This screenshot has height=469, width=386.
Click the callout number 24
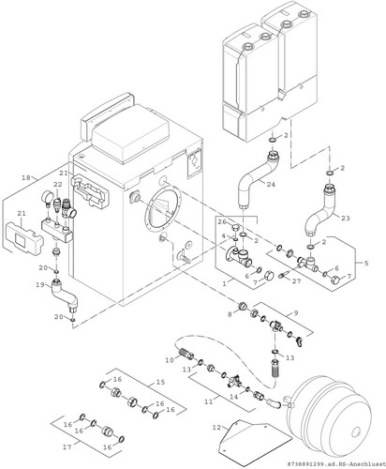coord(271,185)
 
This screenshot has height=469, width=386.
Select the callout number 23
coord(346,218)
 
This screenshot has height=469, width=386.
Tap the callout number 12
coord(216,428)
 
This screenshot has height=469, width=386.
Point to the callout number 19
coord(40,285)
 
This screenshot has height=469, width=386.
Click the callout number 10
coord(170,360)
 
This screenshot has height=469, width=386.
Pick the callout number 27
coord(296,281)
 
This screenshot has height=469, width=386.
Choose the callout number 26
coord(222,222)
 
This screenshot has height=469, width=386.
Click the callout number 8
coord(230,314)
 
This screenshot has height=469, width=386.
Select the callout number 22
coord(58,185)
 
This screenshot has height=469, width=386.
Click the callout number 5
coord(366,263)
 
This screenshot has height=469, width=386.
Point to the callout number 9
coord(296,312)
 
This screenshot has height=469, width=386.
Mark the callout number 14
coord(234,397)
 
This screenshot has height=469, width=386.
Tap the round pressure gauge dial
coord(47,196)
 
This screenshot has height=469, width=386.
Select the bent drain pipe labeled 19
coord(65,295)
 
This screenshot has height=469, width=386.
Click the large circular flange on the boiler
coord(163,208)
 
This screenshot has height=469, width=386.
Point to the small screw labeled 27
coord(284,275)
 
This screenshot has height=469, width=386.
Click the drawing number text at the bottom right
coord(336,464)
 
